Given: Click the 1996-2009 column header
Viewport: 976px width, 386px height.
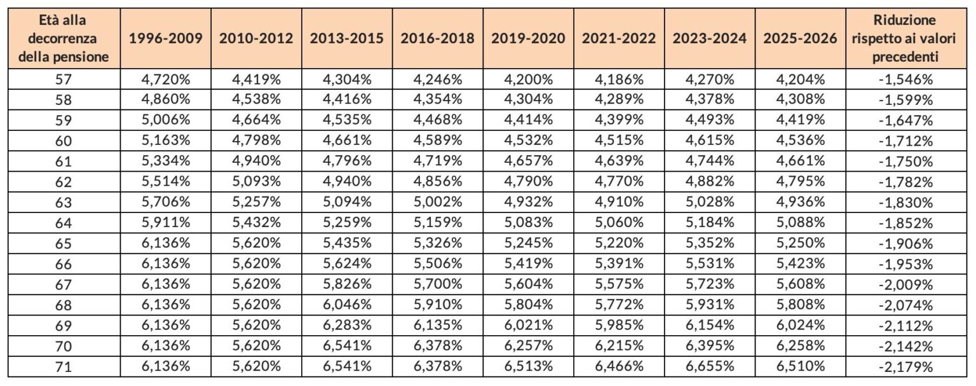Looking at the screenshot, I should (x=165, y=38).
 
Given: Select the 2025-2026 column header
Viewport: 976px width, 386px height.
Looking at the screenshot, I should (x=800, y=38).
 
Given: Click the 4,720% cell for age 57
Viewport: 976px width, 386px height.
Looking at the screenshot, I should (x=165, y=79).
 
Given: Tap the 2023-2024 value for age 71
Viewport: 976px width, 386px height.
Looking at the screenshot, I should (x=709, y=367).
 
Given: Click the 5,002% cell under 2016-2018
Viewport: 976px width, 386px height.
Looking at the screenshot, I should (x=437, y=203).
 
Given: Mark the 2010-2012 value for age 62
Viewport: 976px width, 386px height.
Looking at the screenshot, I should (x=256, y=182).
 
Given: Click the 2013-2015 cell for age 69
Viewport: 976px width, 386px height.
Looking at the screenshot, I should (x=346, y=326).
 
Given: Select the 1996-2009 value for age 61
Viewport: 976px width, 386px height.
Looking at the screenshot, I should (x=165, y=162).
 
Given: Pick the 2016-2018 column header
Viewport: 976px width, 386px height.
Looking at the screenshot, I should (x=437, y=38).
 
